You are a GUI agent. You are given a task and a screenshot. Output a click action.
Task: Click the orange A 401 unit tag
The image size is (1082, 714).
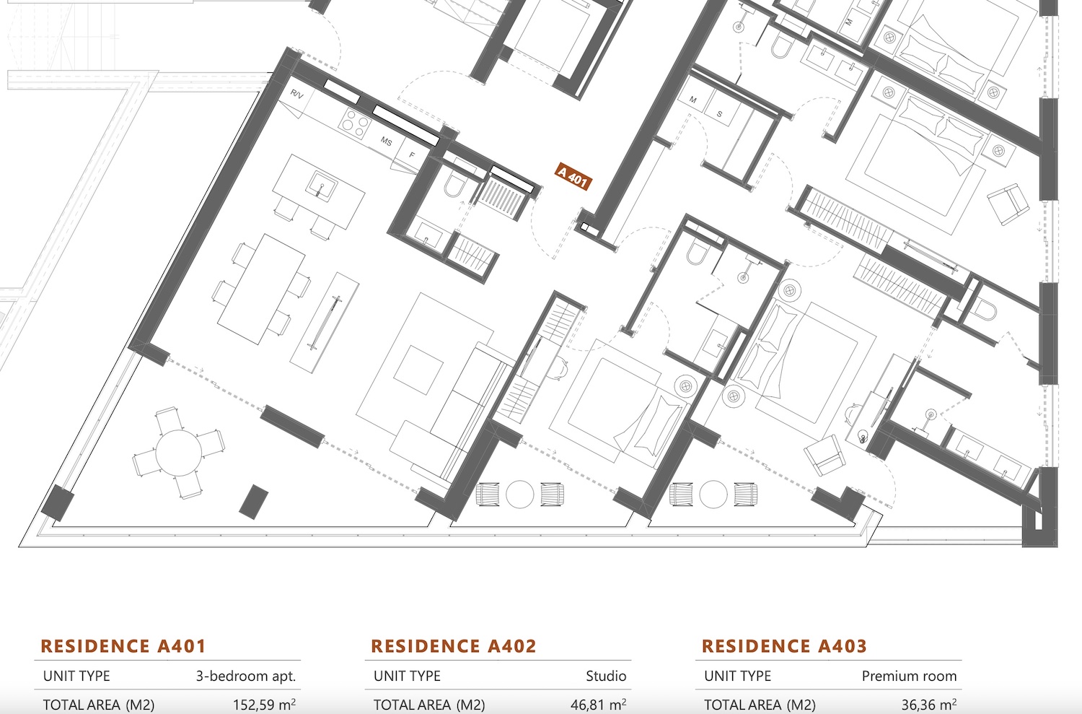tap(573, 176)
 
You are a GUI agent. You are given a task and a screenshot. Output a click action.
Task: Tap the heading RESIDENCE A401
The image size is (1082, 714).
tap(123, 646)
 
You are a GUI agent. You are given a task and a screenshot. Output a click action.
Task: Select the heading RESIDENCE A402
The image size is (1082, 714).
tap(454, 646)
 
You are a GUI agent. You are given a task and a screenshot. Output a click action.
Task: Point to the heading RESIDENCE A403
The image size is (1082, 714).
tap(784, 646)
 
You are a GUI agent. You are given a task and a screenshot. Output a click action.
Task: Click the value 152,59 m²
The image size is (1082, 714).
tap(264, 705)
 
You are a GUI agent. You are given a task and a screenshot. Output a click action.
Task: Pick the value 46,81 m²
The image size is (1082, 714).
tap(598, 705)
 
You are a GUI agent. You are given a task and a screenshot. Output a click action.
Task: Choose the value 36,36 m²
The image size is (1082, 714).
tap(929, 705)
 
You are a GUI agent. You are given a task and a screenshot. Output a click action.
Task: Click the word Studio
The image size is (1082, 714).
tap(606, 676)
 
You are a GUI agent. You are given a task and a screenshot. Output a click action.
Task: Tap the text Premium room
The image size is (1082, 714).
tap(909, 676)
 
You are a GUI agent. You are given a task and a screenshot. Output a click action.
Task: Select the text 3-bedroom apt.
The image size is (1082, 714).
tap(245, 676)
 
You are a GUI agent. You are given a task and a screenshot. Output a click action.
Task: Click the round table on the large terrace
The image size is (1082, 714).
tap(179, 453)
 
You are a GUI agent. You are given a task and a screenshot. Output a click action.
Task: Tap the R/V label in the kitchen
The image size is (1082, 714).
tap(297, 95)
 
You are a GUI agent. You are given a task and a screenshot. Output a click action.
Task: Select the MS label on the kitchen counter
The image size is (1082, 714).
tap(386, 142)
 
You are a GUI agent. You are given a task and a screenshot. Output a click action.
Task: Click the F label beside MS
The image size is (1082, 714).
tap(412, 155)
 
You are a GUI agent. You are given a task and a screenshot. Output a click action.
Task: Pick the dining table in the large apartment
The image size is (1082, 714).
tap(261, 289)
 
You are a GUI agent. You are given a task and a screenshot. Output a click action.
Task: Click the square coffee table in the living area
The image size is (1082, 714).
tap(418, 370)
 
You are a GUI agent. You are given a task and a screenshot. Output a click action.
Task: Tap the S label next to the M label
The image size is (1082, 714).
tap(719, 114)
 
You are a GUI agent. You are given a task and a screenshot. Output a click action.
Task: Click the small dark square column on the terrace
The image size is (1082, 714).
tap(254, 502)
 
